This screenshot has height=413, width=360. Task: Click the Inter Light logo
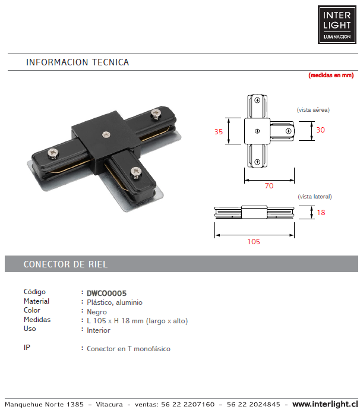click(x=337, y=25)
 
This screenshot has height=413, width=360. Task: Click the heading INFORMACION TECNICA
click(x=77, y=62)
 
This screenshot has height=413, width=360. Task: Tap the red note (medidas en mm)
click(x=330, y=75)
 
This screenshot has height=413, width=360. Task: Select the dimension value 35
click(x=219, y=131)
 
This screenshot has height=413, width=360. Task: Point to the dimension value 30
click(x=320, y=130)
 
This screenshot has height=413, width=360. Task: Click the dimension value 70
click(x=269, y=186)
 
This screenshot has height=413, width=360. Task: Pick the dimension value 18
click(x=321, y=212)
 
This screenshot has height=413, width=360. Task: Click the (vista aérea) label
click(x=313, y=110)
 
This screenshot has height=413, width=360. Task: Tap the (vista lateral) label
click(x=314, y=196)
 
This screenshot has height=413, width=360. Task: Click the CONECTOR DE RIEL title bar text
click(x=65, y=264)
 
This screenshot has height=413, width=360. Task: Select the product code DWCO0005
click(x=106, y=293)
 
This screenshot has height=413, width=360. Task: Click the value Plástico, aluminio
click(x=115, y=302)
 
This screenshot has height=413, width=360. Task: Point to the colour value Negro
click(x=97, y=311)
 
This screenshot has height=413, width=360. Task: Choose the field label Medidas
click(x=37, y=320)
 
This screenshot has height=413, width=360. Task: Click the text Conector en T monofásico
click(x=128, y=349)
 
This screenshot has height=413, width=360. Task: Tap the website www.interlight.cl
click(x=326, y=405)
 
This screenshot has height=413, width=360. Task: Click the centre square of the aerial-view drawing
click(x=257, y=131)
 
